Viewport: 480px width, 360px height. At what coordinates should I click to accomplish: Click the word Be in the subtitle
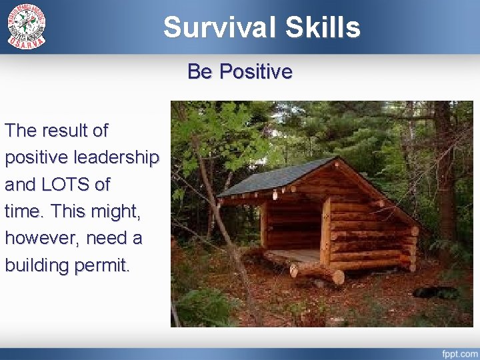point(199,71)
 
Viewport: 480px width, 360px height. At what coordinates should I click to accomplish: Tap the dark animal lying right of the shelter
point(433,292)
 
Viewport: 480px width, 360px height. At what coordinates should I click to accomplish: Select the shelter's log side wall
point(370,233)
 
